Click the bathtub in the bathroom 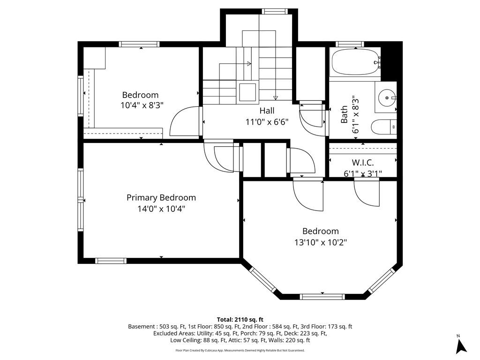355,62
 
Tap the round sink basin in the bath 387,98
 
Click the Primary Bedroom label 161,197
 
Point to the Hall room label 267,111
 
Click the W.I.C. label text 363,162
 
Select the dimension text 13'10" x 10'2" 321,242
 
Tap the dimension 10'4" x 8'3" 142,105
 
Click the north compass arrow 461,346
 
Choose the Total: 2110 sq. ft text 240,320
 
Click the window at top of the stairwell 275,12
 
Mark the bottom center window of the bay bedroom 322,297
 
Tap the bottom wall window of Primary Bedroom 111,261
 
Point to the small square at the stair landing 247,92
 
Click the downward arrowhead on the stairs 276,98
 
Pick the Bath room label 344,114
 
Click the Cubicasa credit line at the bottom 240,350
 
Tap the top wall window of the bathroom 350,44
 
